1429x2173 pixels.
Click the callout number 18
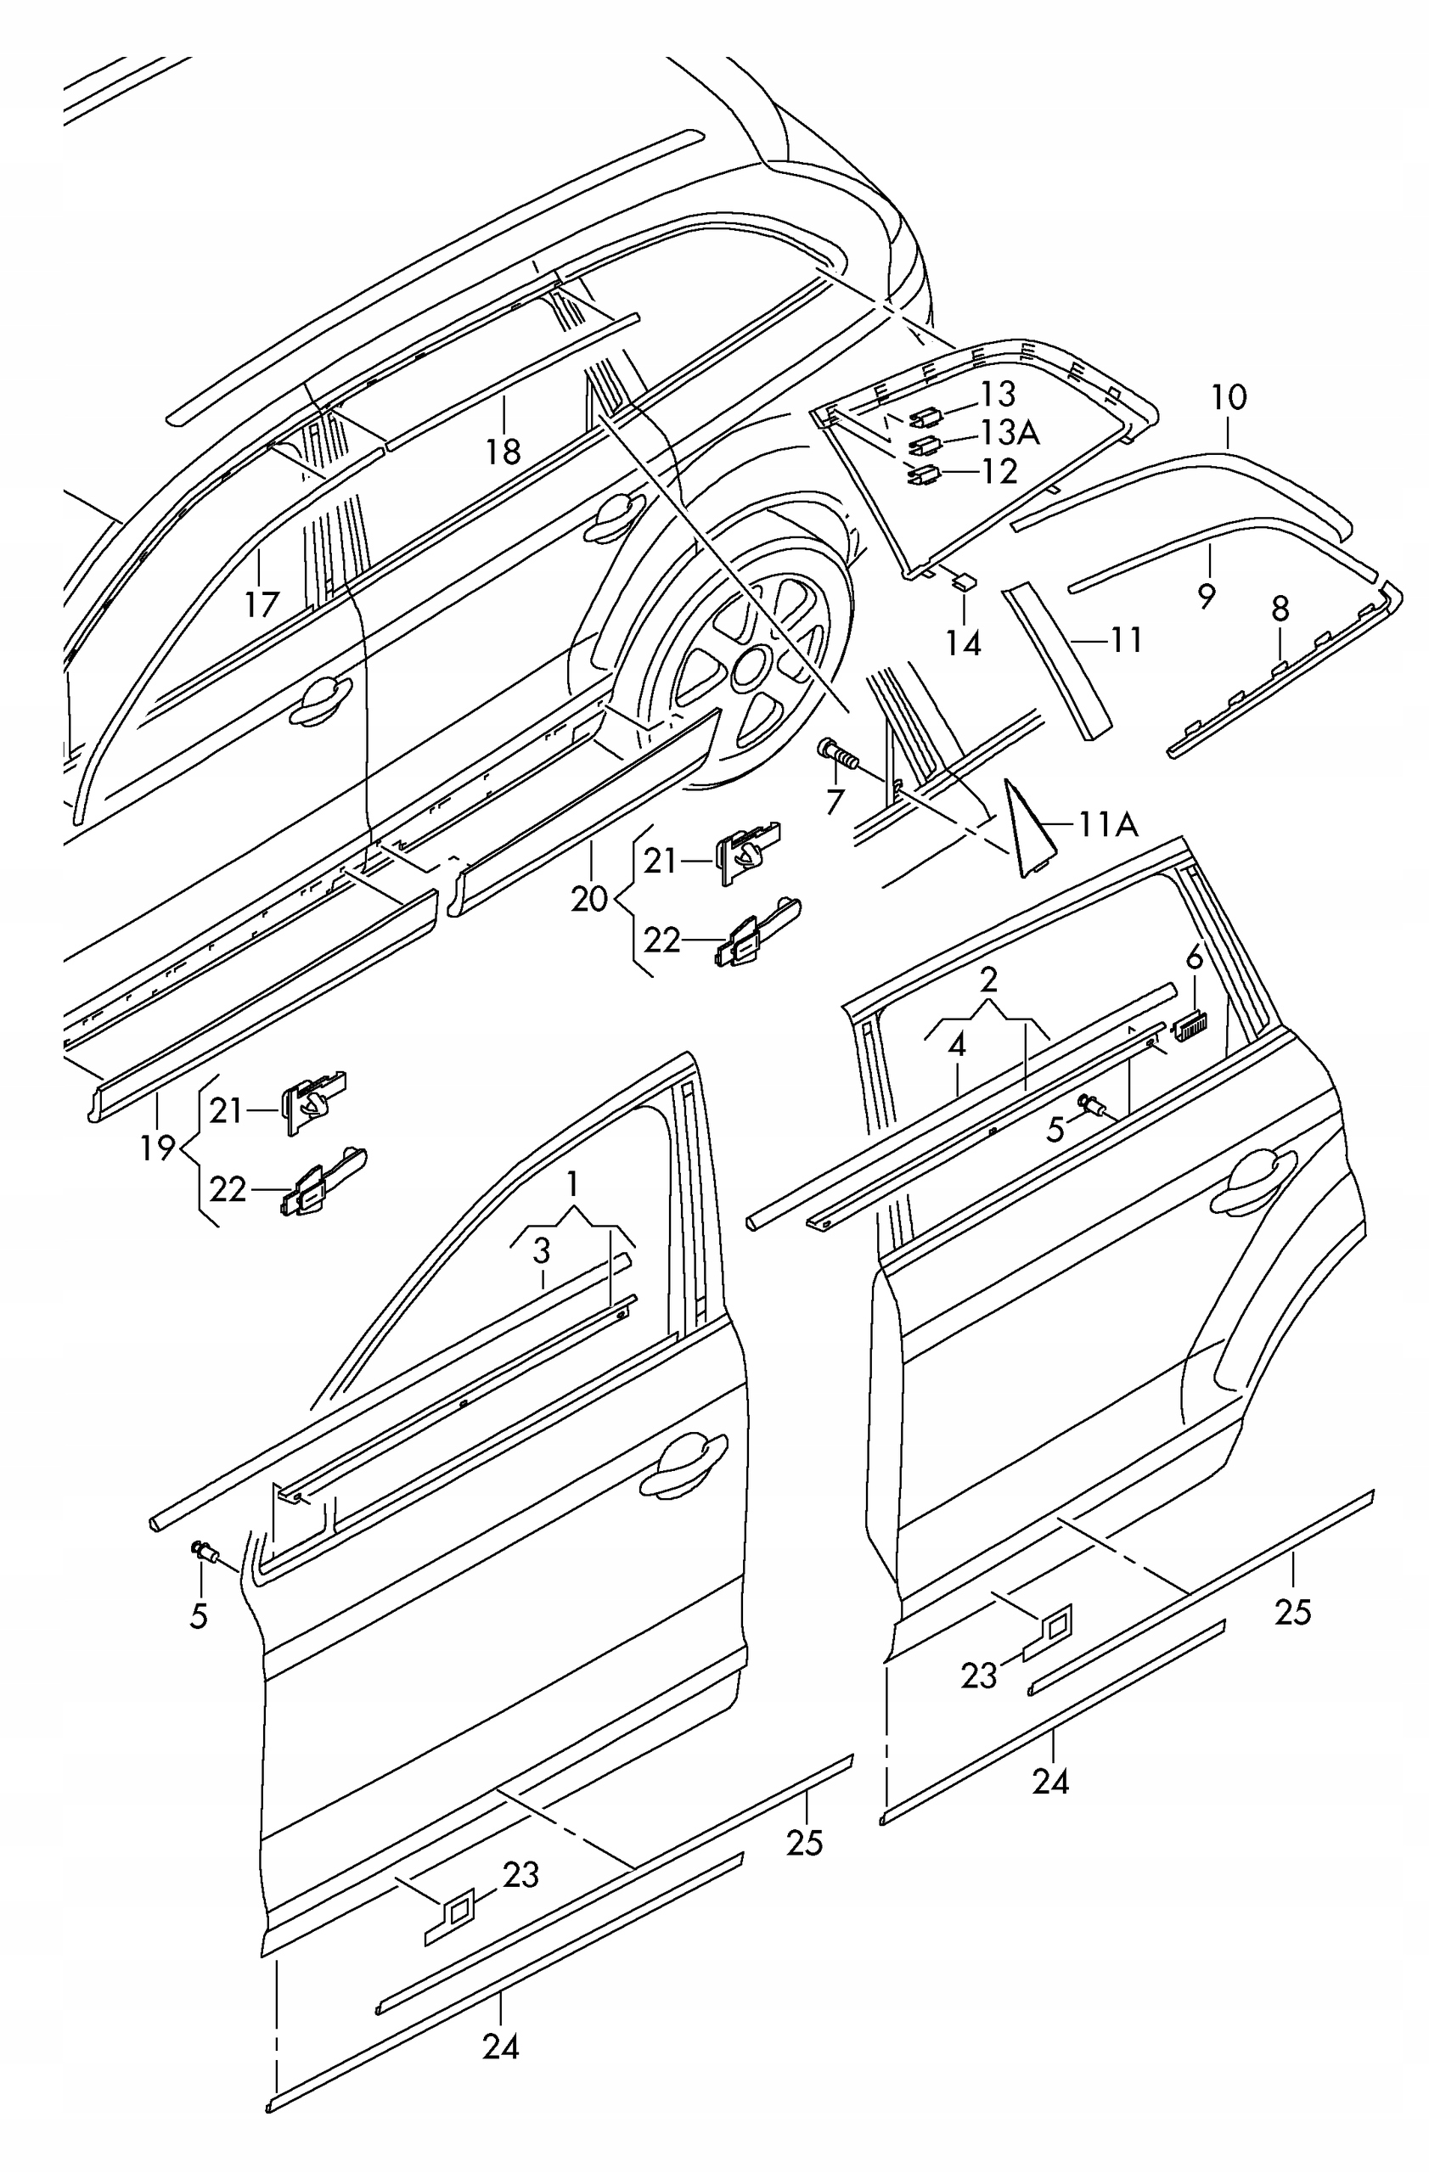point(504,451)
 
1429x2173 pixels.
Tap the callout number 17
point(262,604)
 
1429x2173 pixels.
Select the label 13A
point(1010,432)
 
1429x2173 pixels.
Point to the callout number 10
point(1229,397)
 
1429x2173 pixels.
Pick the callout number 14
point(964,643)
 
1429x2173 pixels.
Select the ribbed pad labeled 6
point(1189,1029)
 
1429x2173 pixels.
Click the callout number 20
point(589,898)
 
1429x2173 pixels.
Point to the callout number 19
point(158,1148)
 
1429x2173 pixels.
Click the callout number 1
point(572,1185)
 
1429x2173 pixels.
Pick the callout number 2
point(988,980)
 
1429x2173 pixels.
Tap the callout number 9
point(1207,595)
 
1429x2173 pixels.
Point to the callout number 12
point(1000,471)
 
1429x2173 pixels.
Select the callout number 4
point(957,1046)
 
